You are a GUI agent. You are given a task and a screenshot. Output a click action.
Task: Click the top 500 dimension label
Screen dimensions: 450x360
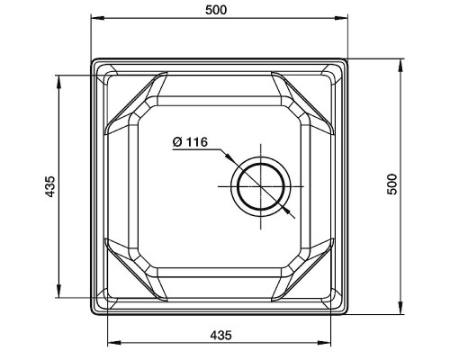point(216,10)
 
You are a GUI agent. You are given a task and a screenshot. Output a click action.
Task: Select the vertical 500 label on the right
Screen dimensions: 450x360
point(391,184)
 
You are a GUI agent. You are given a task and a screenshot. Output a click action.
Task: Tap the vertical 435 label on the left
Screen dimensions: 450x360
point(50,186)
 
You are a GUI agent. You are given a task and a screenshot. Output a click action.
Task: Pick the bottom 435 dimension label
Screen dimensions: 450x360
point(220,335)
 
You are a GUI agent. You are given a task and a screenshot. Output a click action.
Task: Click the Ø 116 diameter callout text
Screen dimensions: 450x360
point(190,141)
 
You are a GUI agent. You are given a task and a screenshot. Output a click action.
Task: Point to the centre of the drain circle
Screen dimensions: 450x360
point(261,186)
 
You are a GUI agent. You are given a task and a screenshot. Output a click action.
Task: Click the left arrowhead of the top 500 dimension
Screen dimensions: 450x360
point(97,18)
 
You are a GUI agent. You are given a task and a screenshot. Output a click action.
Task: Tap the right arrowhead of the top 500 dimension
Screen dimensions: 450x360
point(341,18)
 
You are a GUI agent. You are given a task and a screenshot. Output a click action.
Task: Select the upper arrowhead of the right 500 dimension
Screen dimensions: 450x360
point(400,66)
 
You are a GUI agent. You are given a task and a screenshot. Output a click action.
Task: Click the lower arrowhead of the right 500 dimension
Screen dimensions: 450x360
point(400,308)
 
